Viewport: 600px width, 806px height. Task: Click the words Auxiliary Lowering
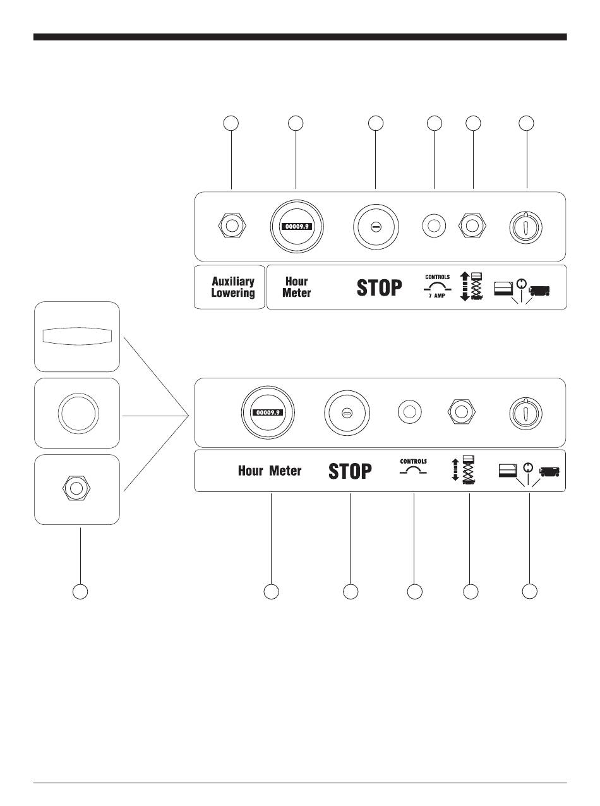click(x=232, y=287)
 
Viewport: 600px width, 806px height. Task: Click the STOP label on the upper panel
click(x=379, y=288)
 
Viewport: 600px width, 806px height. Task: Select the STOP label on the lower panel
click(x=351, y=471)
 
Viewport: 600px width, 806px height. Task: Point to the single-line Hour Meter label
click(x=270, y=471)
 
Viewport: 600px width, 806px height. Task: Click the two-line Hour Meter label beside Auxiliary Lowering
click(x=297, y=287)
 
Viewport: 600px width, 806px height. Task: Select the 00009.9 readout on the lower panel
click(x=268, y=412)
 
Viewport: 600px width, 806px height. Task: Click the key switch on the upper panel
click(x=527, y=226)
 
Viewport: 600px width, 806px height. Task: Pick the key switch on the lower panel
click(x=527, y=412)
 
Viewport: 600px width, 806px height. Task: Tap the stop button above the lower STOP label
click(x=346, y=412)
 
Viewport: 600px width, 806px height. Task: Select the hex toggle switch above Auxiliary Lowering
click(x=232, y=226)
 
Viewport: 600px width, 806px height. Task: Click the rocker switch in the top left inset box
click(x=76, y=335)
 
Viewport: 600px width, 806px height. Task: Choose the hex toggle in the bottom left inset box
click(x=77, y=488)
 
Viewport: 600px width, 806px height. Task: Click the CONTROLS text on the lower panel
click(x=413, y=462)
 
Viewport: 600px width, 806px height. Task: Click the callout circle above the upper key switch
click(x=527, y=123)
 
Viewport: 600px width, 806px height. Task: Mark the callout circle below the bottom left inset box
click(x=80, y=592)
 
